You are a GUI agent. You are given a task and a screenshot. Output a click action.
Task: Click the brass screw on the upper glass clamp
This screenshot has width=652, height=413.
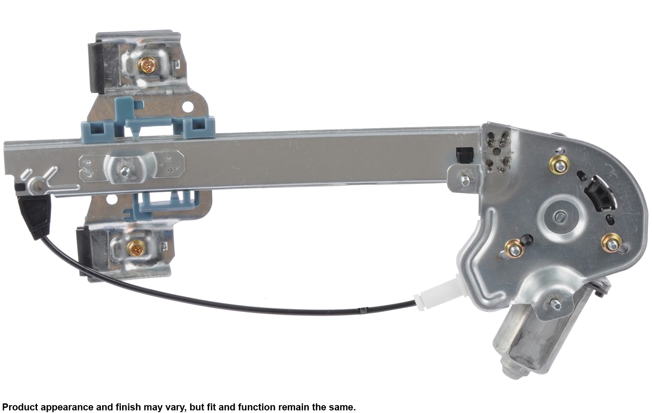click(147, 65)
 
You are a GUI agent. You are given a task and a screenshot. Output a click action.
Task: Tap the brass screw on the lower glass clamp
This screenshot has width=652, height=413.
click(136, 248)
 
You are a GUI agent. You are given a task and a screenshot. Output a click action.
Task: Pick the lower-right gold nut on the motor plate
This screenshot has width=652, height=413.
click(612, 243)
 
